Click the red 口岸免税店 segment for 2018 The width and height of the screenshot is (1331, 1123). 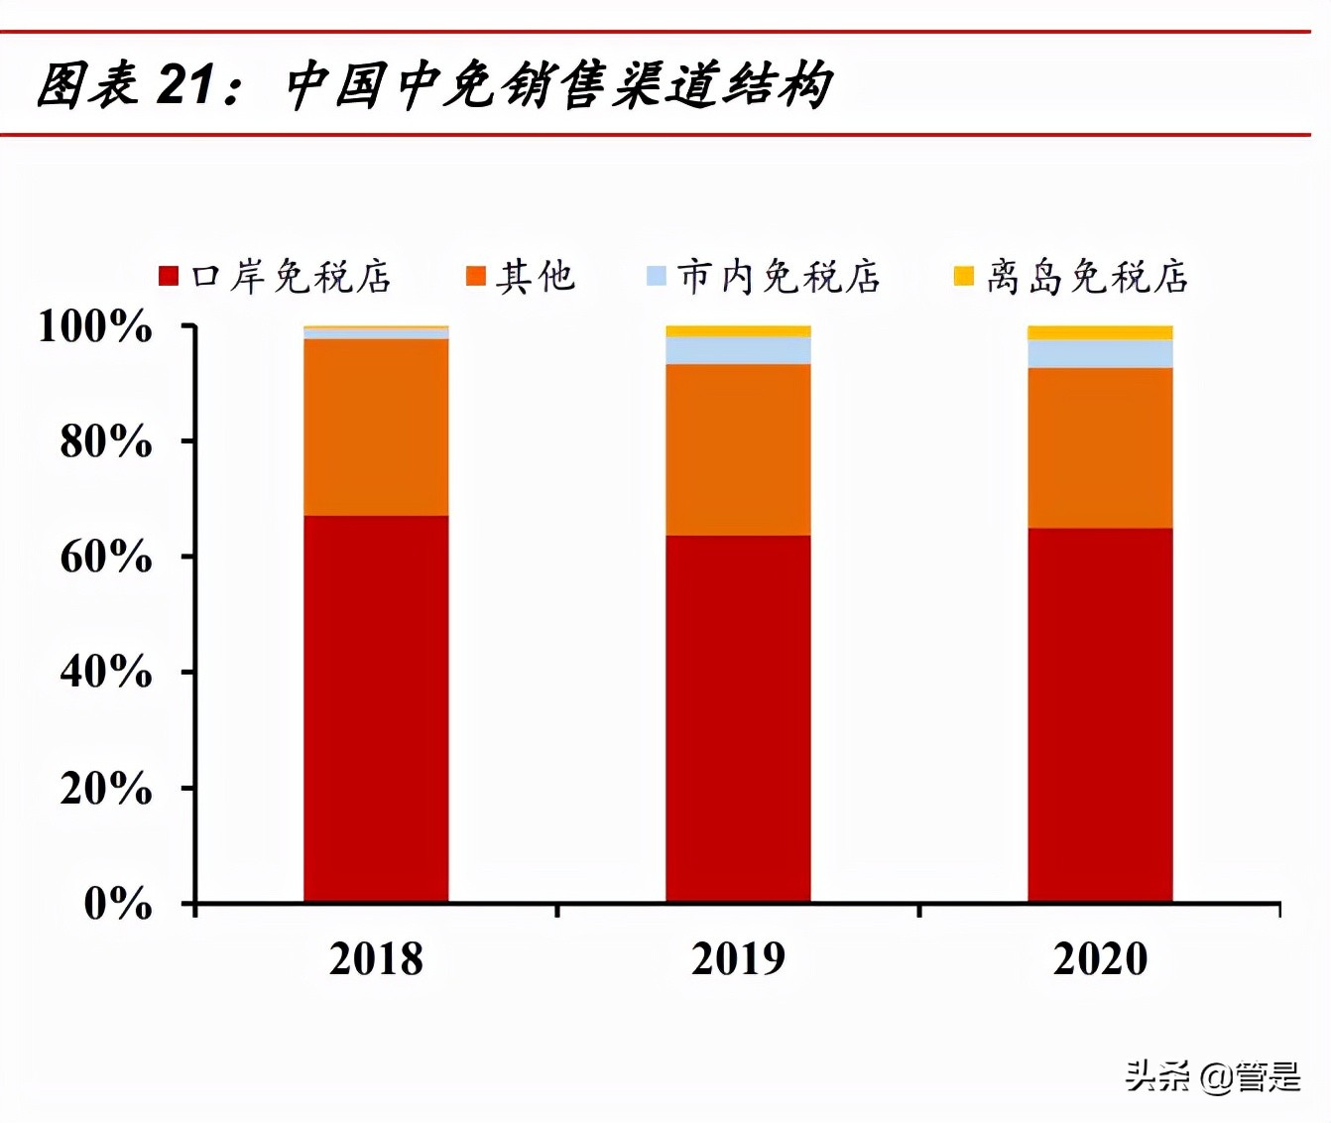(376, 708)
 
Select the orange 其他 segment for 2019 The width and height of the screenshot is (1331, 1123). (738, 449)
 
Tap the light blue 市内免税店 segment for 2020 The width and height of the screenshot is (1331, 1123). (1100, 354)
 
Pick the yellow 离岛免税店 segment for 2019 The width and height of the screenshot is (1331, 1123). (738, 331)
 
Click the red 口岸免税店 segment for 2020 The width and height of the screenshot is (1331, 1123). (1100, 714)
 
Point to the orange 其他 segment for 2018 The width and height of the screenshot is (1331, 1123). (376, 427)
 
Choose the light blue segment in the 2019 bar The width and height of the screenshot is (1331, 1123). (738, 350)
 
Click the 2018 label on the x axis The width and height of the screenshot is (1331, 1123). (376, 959)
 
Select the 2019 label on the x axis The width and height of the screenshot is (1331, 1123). (738, 959)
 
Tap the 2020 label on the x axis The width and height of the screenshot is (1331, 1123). (1100, 959)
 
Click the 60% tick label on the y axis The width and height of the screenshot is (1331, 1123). (106, 557)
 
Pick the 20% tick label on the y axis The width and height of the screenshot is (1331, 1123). (106, 789)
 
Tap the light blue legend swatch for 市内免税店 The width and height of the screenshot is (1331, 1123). (656, 276)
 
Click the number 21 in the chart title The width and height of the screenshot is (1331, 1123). (184, 84)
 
